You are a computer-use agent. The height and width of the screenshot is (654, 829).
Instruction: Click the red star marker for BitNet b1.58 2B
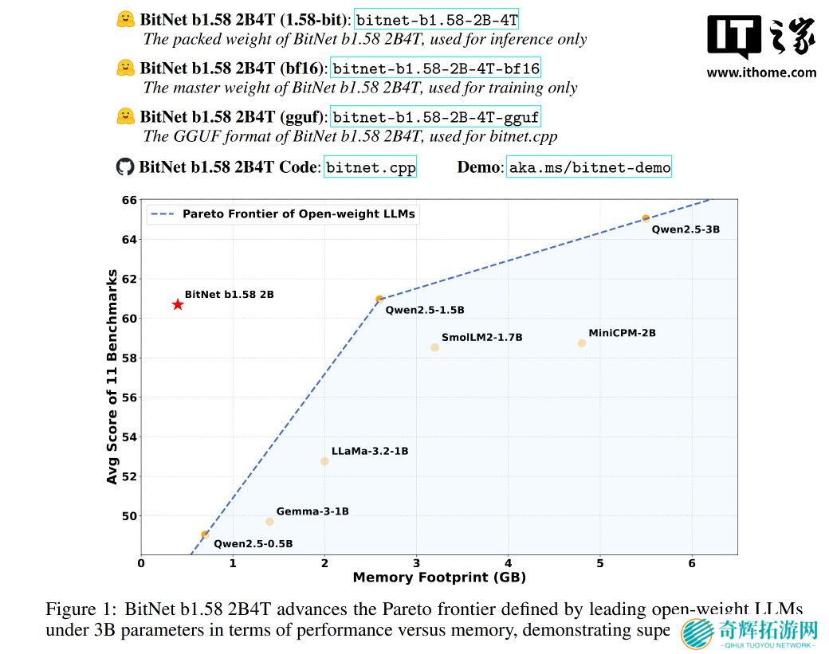(178, 304)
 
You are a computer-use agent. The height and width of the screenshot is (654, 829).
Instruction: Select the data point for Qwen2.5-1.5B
(379, 300)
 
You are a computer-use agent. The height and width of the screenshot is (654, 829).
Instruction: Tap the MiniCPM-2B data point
(582, 343)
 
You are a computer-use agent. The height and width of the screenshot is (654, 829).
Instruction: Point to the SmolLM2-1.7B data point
(434, 347)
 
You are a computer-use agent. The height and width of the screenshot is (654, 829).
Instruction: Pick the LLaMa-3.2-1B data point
(324, 461)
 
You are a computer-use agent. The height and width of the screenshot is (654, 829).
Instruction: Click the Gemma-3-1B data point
(269, 522)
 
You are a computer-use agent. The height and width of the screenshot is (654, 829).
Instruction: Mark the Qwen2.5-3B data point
(646, 218)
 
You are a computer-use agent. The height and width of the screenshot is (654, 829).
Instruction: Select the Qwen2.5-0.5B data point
(205, 535)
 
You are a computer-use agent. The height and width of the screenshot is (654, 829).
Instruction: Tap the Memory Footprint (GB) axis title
(439, 578)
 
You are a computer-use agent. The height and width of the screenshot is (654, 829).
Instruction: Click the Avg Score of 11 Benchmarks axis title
(112, 377)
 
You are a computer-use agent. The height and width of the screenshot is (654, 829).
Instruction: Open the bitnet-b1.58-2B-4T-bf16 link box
(436, 69)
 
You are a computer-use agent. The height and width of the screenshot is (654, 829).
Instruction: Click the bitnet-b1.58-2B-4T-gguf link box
(436, 117)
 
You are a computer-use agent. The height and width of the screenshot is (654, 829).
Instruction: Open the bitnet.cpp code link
(371, 166)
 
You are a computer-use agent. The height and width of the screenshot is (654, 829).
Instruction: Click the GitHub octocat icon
(125, 166)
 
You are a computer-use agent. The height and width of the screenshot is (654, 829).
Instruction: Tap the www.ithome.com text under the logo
(761, 72)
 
